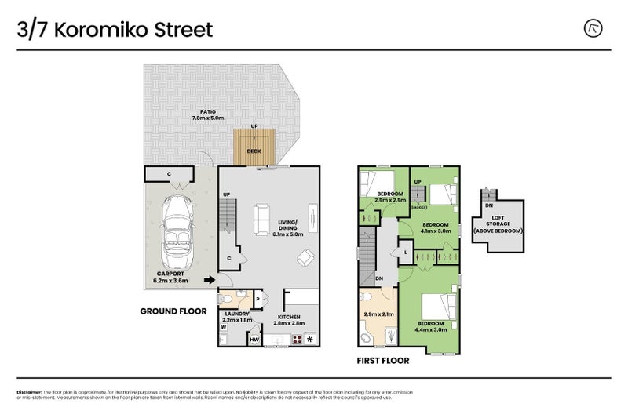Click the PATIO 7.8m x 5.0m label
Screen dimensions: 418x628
click(x=208, y=114)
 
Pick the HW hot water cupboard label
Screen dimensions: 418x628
click(x=254, y=340)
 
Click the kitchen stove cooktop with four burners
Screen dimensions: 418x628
click(x=298, y=340)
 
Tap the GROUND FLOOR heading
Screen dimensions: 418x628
click(x=173, y=311)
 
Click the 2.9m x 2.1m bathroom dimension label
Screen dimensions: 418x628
click(x=379, y=314)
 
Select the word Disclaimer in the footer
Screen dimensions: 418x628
click(x=30, y=391)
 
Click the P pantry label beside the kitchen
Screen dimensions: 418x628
click(x=258, y=298)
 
